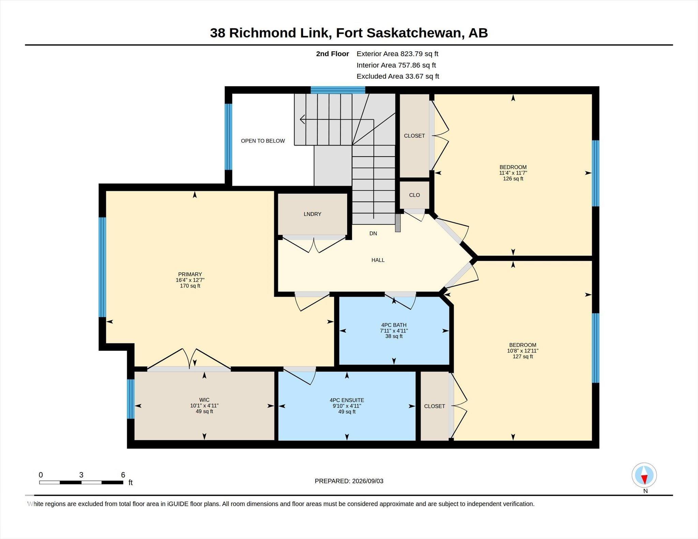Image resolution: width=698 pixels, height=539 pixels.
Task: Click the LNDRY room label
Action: (x=312, y=214)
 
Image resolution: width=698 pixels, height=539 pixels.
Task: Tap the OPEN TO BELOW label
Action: (x=263, y=141)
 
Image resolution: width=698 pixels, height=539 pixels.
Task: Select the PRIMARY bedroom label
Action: (x=190, y=274)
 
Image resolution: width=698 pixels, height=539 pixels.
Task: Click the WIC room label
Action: (x=204, y=400)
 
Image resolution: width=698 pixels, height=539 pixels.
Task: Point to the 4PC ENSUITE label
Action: (x=347, y=400)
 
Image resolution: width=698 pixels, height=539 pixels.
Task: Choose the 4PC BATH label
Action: (x=394, y=325)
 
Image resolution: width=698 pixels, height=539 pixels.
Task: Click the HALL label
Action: (x=378, y=260)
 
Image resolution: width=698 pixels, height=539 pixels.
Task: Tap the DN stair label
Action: (x=373, y=234)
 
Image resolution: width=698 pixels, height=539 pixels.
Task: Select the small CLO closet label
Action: (x=414, y=195)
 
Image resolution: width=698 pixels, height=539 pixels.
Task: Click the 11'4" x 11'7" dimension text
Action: (x=513, y=173)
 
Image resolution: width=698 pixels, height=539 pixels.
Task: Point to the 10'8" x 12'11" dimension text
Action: (x=522, y=351)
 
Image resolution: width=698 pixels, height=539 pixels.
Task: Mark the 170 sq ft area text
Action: (x=190, y=286)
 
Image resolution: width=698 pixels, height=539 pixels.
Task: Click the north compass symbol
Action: (x=644, y=475)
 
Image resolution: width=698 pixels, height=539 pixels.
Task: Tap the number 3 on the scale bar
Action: (x=81, y=475)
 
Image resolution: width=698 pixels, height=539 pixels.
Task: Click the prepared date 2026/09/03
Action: (x=368, y=481)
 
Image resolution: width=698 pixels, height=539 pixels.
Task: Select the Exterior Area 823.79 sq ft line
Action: (x=397, y=54)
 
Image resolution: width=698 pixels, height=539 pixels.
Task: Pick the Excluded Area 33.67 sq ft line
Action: (x=398, y=76)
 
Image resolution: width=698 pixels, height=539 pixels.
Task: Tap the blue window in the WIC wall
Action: (x=131, y=399)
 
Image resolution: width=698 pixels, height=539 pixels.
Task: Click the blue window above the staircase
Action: (x=338, y=90)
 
